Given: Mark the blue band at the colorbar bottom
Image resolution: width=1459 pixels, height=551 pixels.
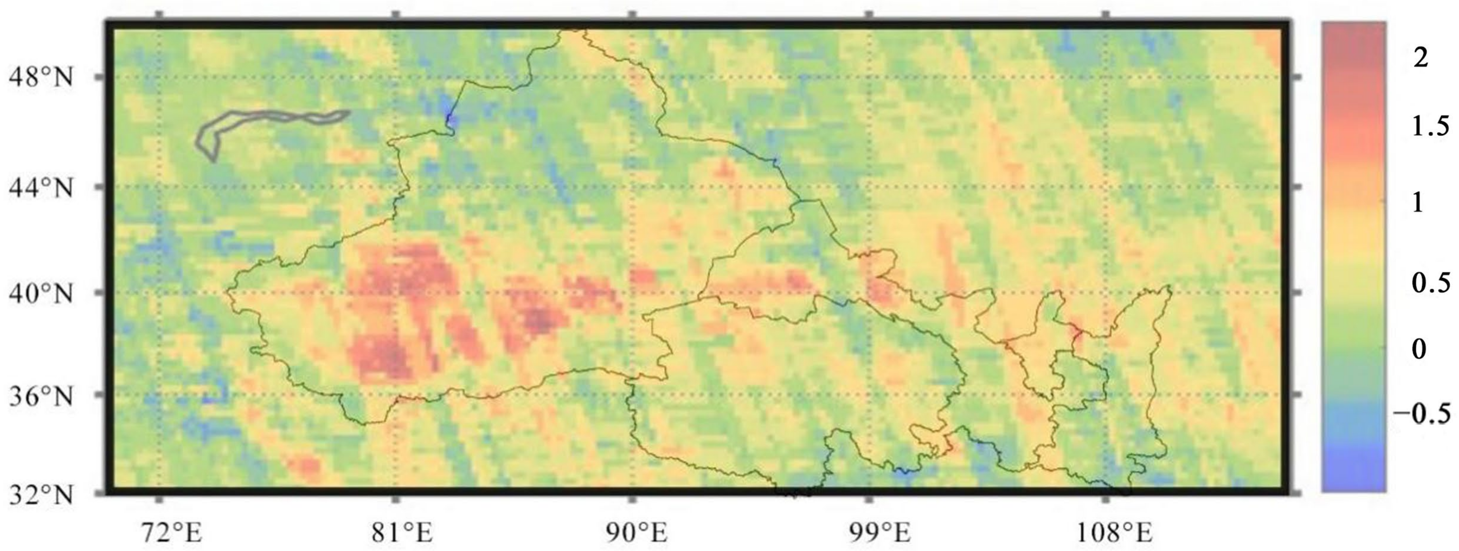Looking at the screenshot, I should click(x=1354, y=470).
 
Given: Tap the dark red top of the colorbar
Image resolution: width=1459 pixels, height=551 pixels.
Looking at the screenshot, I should click(x=1354, y=40).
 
